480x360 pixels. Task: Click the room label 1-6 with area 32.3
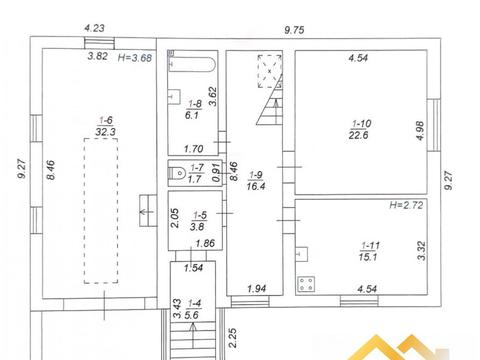tap(106, 126)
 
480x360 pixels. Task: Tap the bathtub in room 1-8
tap(192, 64)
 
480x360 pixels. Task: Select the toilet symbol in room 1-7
tap(177, 173)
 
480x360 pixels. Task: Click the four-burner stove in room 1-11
tap(306, 284)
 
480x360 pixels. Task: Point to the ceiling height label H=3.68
tap(135, 58)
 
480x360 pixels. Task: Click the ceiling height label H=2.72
tap(406, 205)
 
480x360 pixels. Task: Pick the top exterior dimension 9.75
tap(294, 30)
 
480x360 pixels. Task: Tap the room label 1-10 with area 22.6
tap(360, 129)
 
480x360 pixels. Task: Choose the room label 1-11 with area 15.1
tap(369, 251)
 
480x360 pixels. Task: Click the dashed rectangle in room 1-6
tap(101, 211)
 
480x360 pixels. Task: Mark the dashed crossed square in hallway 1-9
tap(269, 71)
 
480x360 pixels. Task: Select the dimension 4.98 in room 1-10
tap(420, 131)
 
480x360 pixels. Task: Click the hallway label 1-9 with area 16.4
tap(256, 180)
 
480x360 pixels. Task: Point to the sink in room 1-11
tap(302, 254)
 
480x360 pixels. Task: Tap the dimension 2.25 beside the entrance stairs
tap(233, 338)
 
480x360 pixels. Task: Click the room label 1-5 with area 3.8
tap(199, 221)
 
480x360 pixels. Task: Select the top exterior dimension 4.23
tap(95, 28)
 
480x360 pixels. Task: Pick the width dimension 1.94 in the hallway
tap(257, 288)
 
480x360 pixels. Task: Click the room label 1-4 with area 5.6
tap(193, 309)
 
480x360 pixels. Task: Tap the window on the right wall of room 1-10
tap(434, 125)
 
